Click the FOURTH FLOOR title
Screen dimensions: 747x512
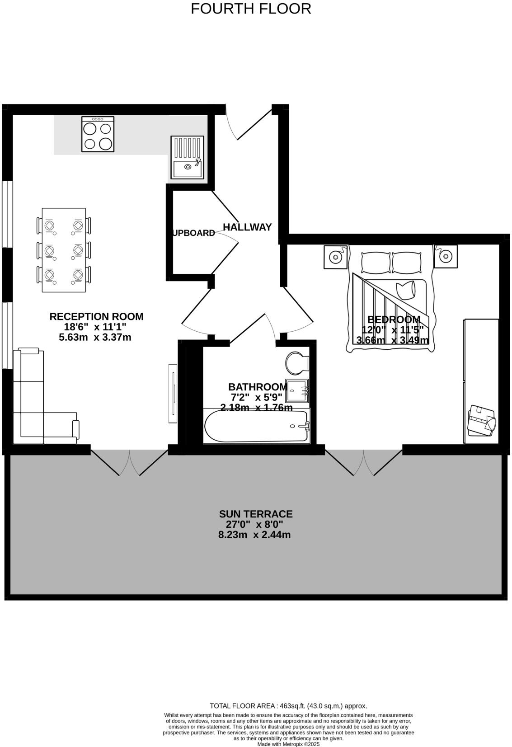click(x=251, y=9)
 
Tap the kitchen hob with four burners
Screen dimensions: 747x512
click(x=98, y=134)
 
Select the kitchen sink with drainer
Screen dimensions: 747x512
click(x=187, y=157)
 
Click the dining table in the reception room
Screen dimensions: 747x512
click(x=64, y=249)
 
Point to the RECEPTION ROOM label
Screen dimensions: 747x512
click(x=96, y=316)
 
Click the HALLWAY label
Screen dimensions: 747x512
click(x=247, y=227)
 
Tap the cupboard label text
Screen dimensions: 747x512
click(x=193, y=233)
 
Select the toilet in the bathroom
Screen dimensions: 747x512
click(x=297, y=363)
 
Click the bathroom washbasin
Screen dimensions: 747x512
click(x=297, y=390)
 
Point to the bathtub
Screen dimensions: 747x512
click(x=257, y=426)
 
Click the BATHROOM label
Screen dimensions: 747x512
click(x=257, y=387)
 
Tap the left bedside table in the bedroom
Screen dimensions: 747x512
click(x=335, y=257)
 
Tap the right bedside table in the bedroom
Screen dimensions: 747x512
click(x=446, y=256)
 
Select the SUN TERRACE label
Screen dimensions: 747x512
click(x=256, y=514)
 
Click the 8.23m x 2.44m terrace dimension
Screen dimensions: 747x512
click(x=254, y=535)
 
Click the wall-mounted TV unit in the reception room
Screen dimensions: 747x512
click(x=173, y=393)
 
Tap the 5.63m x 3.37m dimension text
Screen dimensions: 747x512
click(x=95, y=337)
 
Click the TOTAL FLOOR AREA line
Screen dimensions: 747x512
click(x=288, y=706)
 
